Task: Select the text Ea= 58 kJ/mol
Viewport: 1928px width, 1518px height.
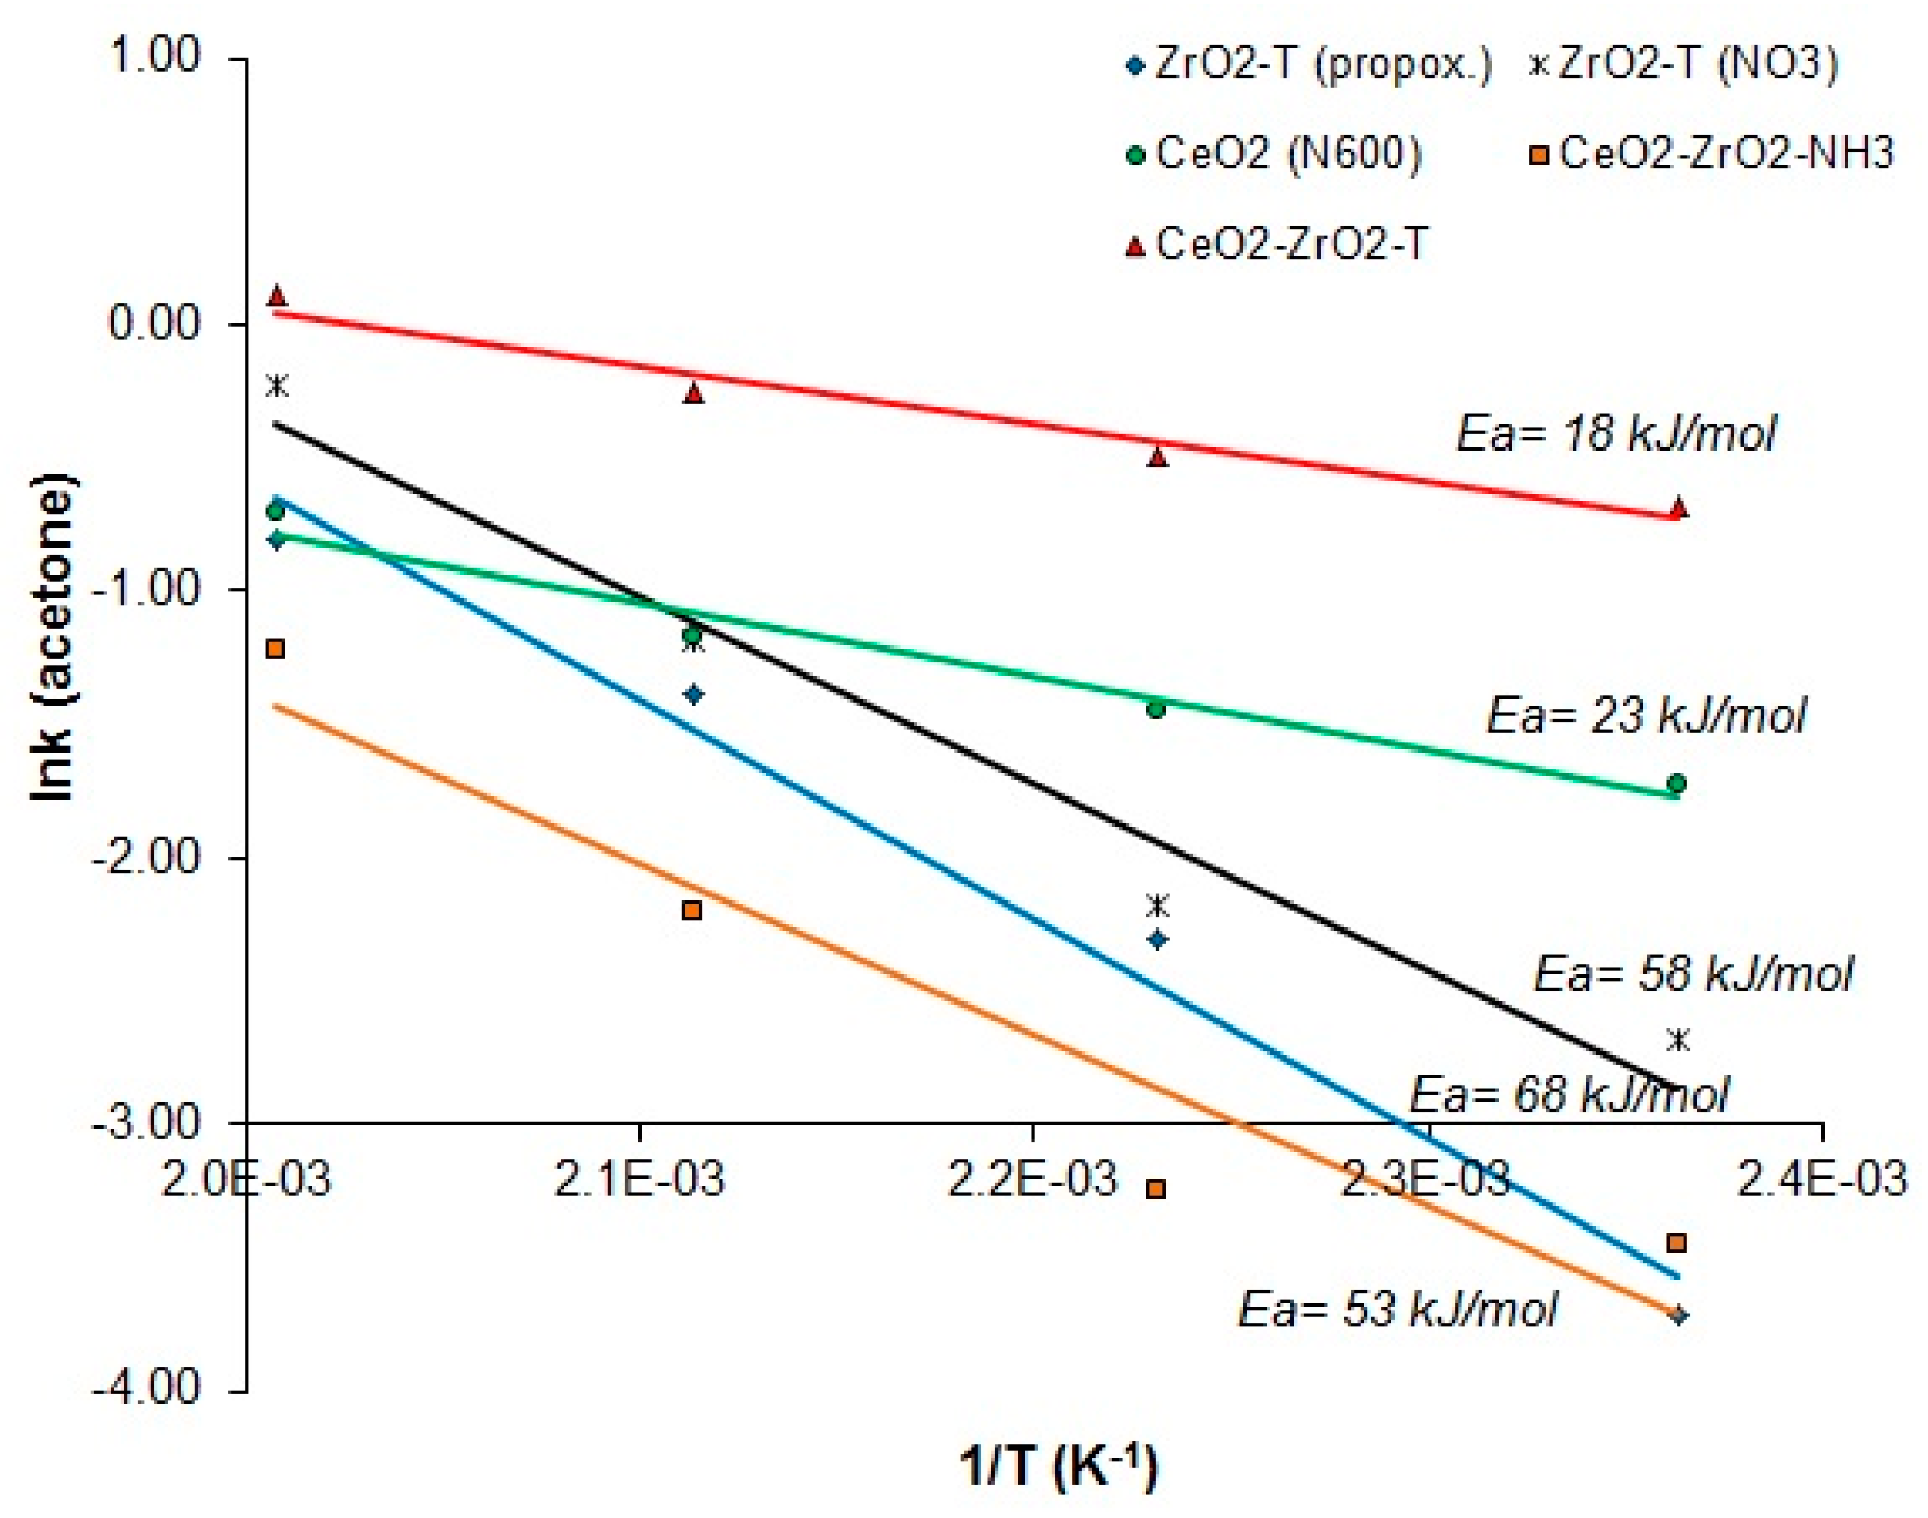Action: point(1693,974)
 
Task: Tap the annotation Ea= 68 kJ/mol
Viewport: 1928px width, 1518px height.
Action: point(1569,1093)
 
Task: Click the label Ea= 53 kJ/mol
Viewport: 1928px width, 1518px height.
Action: point(1398,1309)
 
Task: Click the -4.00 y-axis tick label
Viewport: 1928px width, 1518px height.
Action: point(146,1388)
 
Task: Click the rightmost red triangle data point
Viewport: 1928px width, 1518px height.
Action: point(1678,509)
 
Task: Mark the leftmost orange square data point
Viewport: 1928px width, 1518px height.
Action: point(276,649)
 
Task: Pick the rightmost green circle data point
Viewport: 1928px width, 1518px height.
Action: point(1677,784)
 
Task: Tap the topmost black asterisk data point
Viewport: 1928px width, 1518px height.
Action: point(277,385)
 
